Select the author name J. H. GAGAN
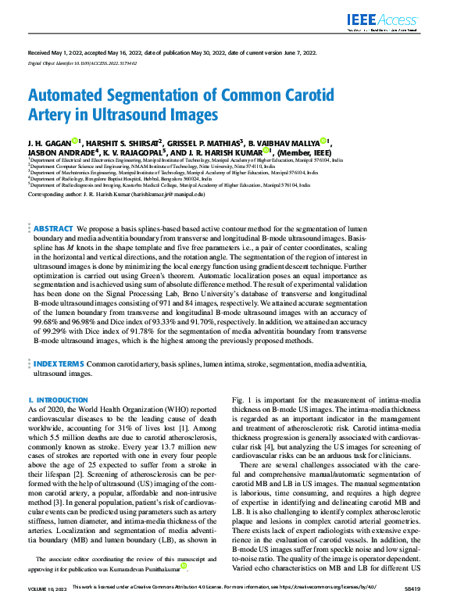tap(48, 142)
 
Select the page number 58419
tap(409, 607)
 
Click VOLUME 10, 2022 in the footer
tap(46, 607)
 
